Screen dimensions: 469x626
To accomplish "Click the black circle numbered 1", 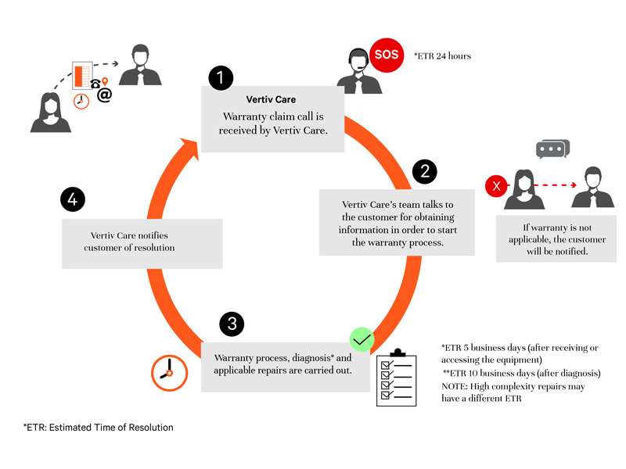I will [x=221, y=77].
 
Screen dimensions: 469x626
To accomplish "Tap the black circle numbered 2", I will [x=424, y=172].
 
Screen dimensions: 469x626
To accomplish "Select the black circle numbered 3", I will [x=231, y=324].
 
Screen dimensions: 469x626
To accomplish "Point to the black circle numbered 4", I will [x=72, y=200].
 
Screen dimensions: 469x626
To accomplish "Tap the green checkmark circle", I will [x=362, y=339].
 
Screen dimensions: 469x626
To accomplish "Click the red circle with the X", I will [x=495, y=186].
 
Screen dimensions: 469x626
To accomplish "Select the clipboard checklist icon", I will [x=396, y=377].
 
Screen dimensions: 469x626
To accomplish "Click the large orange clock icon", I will [x=169, y=373].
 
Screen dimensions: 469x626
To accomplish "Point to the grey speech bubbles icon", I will [x=552, y=149].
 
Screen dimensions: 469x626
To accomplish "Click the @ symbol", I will [x=104, y=95].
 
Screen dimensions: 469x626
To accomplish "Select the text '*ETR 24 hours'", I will [x=443, y=56].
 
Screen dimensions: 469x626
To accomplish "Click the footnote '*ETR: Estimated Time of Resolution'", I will [x=98, y=428].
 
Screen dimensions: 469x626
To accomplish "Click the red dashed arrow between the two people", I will [x=540, y=187].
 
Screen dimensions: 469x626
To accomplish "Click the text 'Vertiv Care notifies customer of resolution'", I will [x=129, y=241].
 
